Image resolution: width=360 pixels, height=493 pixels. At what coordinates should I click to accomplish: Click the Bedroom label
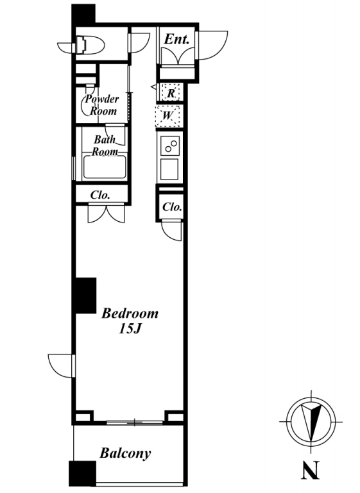[130, 313]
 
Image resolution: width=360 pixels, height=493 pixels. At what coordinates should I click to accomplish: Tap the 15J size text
[129, 329]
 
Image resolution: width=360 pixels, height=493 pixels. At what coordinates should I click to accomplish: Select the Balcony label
[125, 453]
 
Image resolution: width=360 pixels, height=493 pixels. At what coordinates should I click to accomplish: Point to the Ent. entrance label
[176, 39]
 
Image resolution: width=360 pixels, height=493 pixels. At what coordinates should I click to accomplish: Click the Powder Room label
[102, 104]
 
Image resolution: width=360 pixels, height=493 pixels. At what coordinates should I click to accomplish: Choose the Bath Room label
[105, 146]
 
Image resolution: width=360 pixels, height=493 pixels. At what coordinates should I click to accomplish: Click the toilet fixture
[90, 46]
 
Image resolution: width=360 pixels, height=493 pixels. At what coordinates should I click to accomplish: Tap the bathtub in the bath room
[105, 167]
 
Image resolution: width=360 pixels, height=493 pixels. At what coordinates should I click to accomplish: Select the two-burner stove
[169, 146]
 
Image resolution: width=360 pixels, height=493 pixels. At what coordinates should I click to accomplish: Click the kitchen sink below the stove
[169, 169]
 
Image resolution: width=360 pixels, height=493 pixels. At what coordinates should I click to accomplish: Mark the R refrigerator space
[170, 93]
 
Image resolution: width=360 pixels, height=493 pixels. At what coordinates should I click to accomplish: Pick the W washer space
[167, 116]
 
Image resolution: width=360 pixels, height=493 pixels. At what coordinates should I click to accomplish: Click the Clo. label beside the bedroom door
[172, 207]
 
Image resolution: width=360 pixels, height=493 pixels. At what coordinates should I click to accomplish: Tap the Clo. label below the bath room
[100, 196]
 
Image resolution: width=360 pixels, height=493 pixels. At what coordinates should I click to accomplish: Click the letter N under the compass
[310, 470]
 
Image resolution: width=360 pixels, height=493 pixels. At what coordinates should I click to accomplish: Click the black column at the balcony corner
[82, 474]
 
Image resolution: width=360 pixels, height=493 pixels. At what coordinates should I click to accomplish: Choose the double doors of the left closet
[107, 213]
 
